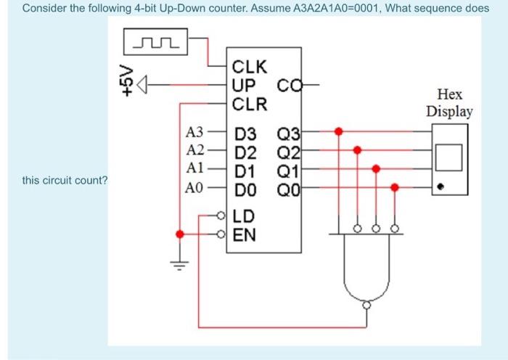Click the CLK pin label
[x=250, y=68]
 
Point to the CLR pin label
[x=250, y=103]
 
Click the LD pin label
[x=245, y=216]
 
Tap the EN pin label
[x=245, y=234]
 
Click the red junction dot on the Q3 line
[x=337, y=132]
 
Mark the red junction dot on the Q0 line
[x=394, y=187]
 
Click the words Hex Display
[x=449, y=103]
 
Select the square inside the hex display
[x=449, y=156]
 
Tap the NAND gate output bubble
[x=366, y=306]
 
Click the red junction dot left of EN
[x=179, y=234]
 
